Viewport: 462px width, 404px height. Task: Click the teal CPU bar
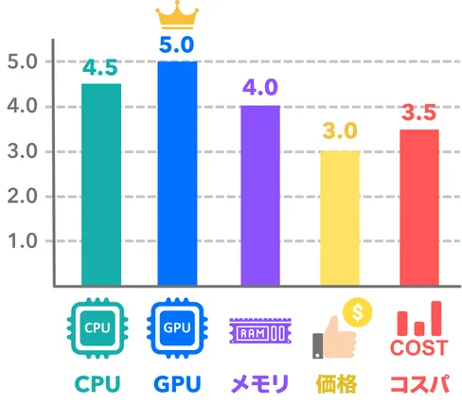101,184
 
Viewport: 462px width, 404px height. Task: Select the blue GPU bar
177,173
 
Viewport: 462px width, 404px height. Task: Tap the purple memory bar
260,196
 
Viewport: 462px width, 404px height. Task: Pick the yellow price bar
340,219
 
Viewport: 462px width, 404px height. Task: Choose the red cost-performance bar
419,207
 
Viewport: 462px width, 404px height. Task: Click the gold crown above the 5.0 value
177,15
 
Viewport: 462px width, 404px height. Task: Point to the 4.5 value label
100,67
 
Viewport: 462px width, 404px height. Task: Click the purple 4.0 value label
260,87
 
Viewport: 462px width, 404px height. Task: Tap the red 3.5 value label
418,113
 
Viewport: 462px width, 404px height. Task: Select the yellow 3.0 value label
340,131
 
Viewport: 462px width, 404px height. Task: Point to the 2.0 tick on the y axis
22,197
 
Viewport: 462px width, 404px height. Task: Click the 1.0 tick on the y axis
23,241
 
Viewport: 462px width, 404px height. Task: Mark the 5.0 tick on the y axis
22,61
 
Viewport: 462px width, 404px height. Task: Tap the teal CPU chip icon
98,328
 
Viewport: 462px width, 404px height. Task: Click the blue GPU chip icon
177,328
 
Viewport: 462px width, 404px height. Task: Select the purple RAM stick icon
260,331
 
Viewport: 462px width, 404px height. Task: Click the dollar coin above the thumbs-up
358,312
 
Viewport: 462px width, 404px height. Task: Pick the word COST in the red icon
419,348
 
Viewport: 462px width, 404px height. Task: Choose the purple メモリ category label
259,384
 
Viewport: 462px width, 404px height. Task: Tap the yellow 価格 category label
336,384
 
